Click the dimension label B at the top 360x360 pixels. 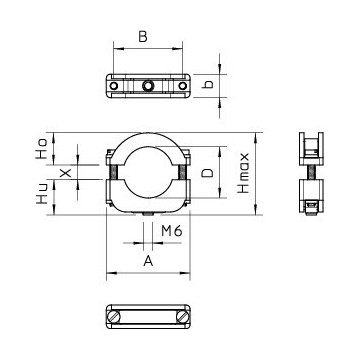point(143,37)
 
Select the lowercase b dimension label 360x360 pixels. point(207,84)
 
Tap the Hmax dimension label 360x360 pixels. point(244,173)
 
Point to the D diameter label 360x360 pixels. point(208,173)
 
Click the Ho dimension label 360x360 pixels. point(42,149)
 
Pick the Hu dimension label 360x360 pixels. point(42,195)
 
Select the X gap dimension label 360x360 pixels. point(66,172)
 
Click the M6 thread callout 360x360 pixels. point(172,231)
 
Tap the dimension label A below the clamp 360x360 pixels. point(148,261)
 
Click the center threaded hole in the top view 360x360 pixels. point(148,86)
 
